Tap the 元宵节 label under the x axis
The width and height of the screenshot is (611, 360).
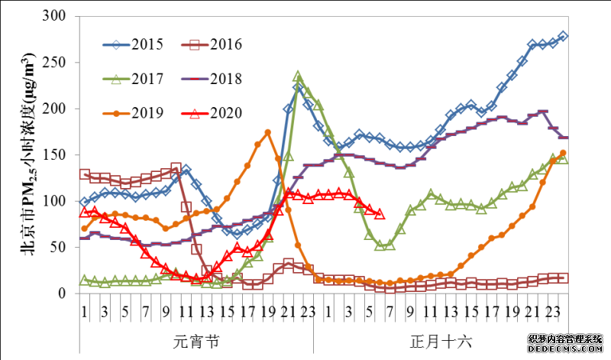(196, 341)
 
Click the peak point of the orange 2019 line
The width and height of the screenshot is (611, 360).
(267, 132)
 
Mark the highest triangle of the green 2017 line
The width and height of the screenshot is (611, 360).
(299, 76)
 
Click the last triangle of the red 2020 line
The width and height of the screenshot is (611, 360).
(380, 214)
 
